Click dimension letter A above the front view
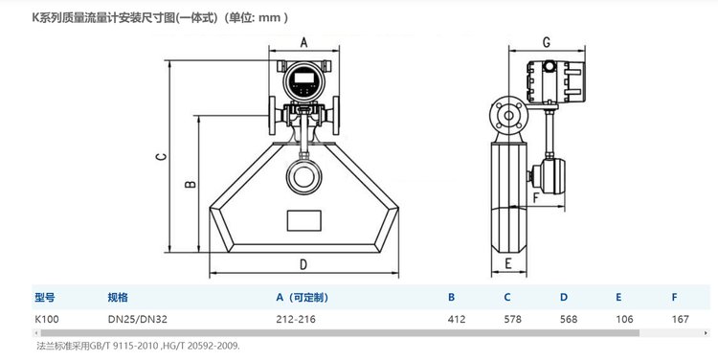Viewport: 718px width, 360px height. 303,42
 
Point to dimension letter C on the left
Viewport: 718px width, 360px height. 161,157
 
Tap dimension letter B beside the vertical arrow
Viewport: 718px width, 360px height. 191,184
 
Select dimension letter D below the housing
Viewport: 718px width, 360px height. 303,264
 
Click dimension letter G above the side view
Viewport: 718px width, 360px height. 547,42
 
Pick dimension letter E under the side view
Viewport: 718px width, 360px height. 507,263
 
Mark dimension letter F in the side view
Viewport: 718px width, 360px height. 537,198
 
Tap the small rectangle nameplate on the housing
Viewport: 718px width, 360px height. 304,220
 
